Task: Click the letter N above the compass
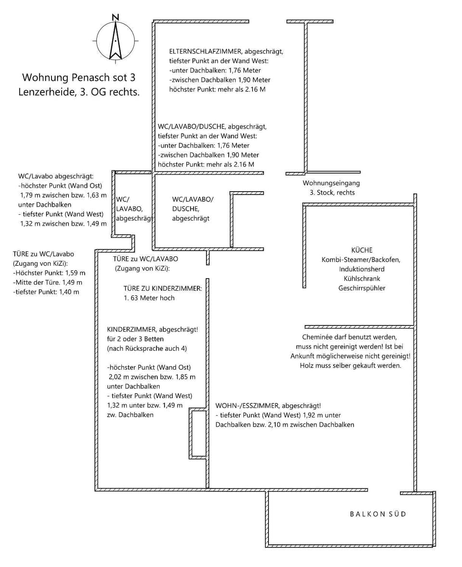pos(115,17)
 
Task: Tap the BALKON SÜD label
pos(378,514)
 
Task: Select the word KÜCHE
pos(361,250)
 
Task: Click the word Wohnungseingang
pos(331,183)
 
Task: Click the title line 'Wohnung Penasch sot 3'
pos(79,77)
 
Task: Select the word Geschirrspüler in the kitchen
pos(361,288)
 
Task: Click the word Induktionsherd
pos(361,269)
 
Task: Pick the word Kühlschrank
pos(361,279)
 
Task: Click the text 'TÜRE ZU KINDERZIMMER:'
pos(163,288)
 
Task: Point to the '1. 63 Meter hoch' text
pos(149,298)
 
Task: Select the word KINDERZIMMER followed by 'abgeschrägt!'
pos(130,330)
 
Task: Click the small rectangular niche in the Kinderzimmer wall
pos(198,433)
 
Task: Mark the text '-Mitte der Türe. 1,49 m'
pos(48,283)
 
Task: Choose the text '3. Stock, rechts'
pos(332,193)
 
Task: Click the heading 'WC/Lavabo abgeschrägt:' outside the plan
pos(56,176)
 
